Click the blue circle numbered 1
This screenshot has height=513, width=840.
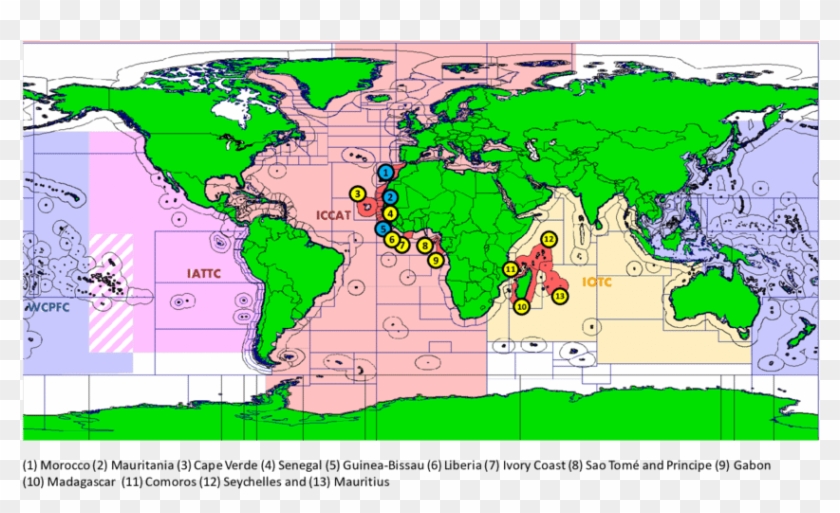[x=385, y=172]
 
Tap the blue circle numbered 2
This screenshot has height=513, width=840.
[x=391, y=197]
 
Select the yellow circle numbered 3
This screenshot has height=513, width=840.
[x=355, y=193]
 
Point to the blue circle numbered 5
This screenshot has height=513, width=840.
[x=383, y=228]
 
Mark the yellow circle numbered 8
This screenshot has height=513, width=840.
[x=425, y=245]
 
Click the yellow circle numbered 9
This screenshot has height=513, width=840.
[x=436, y=259]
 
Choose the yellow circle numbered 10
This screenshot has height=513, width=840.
[x=521, y=307]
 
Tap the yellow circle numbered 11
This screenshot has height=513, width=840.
[x=510, y=269]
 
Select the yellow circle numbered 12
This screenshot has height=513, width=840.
[x=548, y=239]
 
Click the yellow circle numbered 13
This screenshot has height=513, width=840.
[x=560, y=296]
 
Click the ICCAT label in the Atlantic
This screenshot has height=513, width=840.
[x=332, y=213]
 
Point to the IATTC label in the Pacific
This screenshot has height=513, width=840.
[x=204, y=271]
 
